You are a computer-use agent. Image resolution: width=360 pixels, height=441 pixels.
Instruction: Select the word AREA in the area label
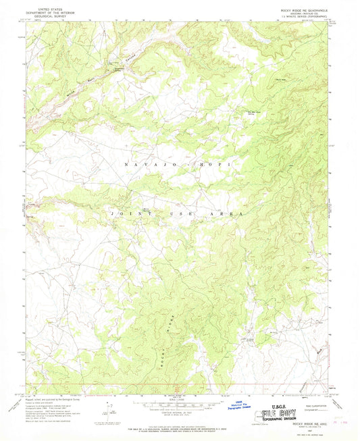[x=226, y=213]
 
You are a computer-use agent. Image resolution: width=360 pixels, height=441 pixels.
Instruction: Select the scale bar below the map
[x=180, y=401]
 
